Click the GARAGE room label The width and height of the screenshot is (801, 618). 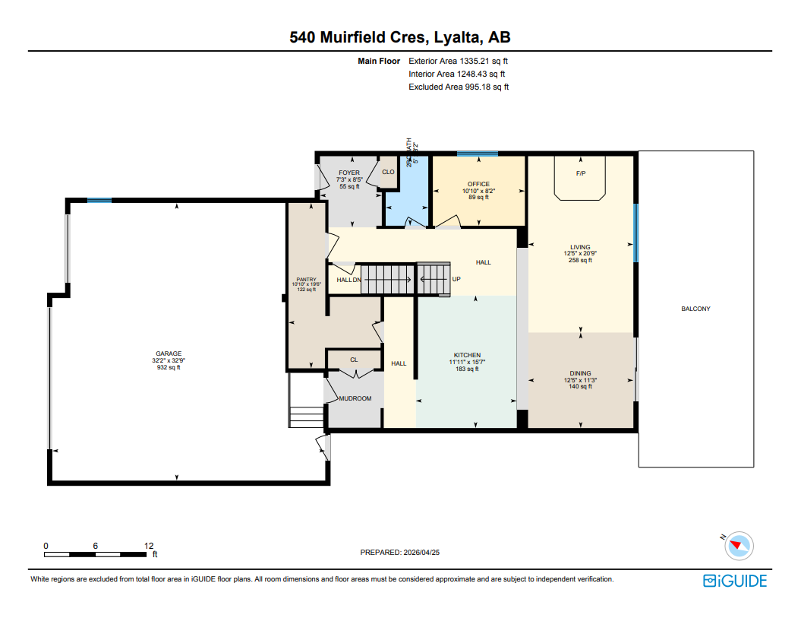click(x=169, y=353)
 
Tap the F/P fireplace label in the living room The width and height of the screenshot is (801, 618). click(x=581, y=173)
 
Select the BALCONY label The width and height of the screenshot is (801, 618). click(x=695, y=309)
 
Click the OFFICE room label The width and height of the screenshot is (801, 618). click(x=478, y=184)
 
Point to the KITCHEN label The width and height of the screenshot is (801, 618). click(x=467, y=356)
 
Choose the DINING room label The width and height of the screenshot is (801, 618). click(x=581, y=373)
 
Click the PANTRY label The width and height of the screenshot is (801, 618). click(x=306, y=280)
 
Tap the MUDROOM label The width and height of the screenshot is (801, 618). click(x=355, y=398)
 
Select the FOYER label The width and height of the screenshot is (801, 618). click(x=348, y=173)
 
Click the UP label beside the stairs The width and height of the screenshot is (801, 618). click(x=456, y=279)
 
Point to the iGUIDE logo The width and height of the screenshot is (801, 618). click(x=734, y=581)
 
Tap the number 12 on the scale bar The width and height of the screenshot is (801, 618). click(x=149, y=546)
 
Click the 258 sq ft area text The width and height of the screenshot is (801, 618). click(x=580, y=260)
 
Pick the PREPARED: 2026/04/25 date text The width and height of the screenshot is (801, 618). click(x=400, y=553)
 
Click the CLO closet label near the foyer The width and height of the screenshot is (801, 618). click(x=388, y=172)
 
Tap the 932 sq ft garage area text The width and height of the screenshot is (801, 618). click(x=169, y=367)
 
